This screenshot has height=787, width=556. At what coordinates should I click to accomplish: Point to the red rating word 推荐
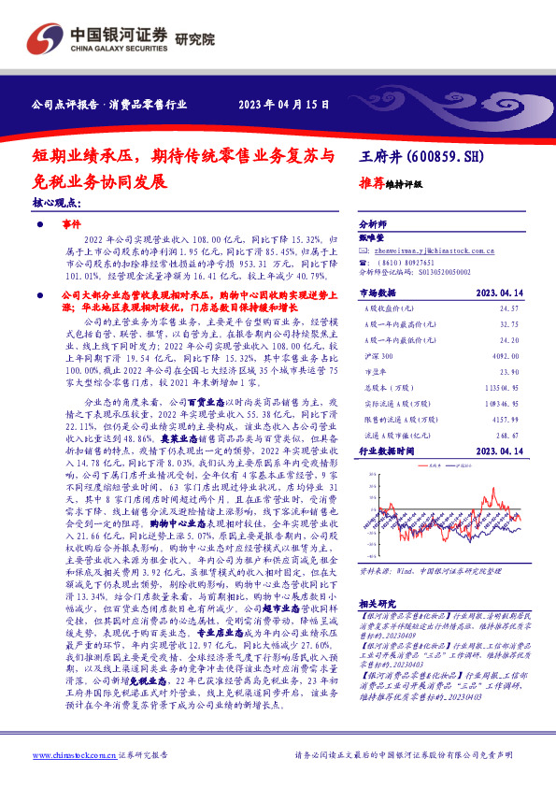372,184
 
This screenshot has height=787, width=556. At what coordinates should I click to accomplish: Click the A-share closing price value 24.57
508,308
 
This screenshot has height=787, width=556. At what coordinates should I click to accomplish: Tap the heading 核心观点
56,202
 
